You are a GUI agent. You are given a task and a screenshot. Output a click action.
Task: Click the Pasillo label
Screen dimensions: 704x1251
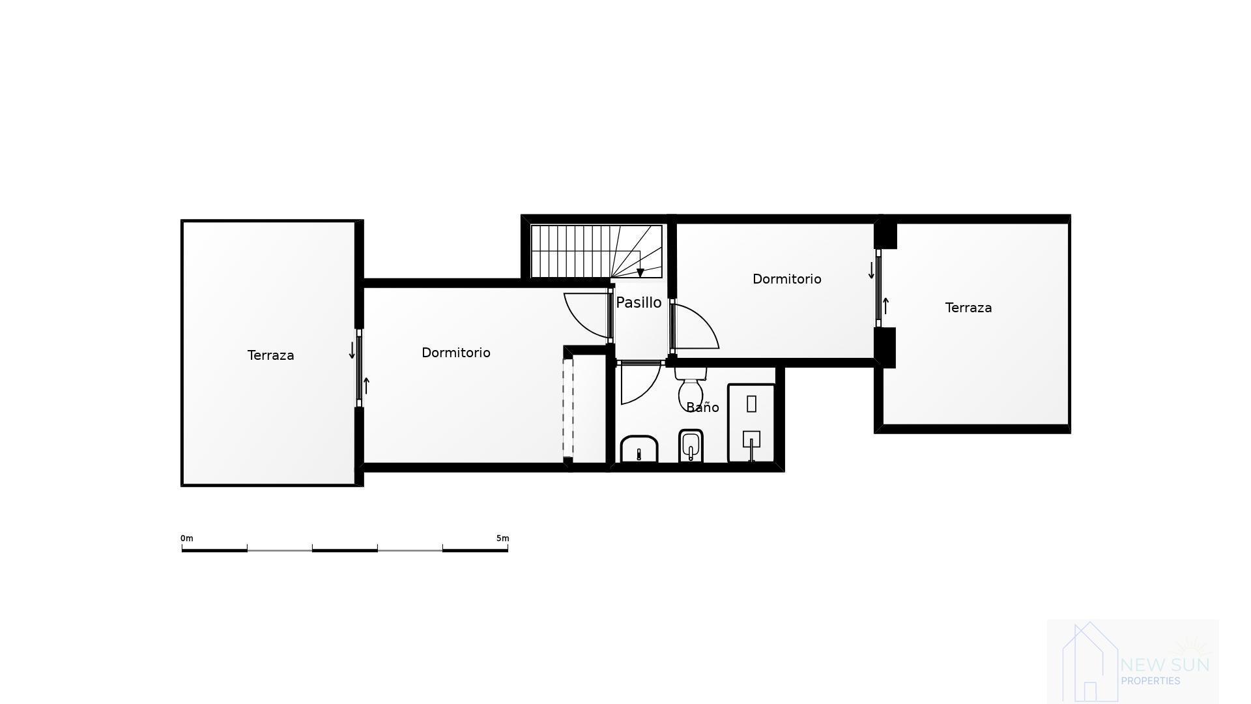[x=639, y=302]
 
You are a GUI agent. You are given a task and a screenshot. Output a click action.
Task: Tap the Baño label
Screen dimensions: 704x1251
[x=702, y=407]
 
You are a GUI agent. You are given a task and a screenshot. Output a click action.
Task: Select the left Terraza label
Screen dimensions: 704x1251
[x=270, y=355]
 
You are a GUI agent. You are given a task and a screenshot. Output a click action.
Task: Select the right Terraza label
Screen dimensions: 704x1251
[x=968, y=308]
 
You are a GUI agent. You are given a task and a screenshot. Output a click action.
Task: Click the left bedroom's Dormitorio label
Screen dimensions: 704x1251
[x=455, y=353]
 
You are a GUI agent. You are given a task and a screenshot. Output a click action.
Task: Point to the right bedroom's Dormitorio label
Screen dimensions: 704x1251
[x=786, y=279]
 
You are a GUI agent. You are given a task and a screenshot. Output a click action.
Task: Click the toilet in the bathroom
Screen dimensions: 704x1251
[x=690, y=389]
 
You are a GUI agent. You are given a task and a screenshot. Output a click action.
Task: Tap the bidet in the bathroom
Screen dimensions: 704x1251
[x=691, y=447]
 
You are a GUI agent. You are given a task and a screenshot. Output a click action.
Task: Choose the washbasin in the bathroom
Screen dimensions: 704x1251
[x=639, y=449]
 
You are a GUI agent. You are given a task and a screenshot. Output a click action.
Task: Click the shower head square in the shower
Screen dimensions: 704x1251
[x=751, y=439]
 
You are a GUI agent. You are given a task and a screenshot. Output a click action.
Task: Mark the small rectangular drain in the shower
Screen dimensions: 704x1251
[x=751, y=404]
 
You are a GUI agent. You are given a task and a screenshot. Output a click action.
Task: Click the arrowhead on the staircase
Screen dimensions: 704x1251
[x=640, y=273]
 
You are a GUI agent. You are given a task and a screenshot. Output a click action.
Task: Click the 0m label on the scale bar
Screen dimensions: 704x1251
[x=187, y=538]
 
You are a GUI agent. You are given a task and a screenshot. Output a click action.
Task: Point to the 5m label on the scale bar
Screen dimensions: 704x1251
[x=502, y=538]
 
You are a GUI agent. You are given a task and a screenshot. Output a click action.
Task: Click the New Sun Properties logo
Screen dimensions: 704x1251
[x=1132, y=662]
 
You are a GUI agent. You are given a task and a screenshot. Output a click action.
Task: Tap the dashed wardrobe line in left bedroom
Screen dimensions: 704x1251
[x=568, y=408]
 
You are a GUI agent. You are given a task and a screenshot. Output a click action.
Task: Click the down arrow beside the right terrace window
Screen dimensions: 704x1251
[x=871, y=271]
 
